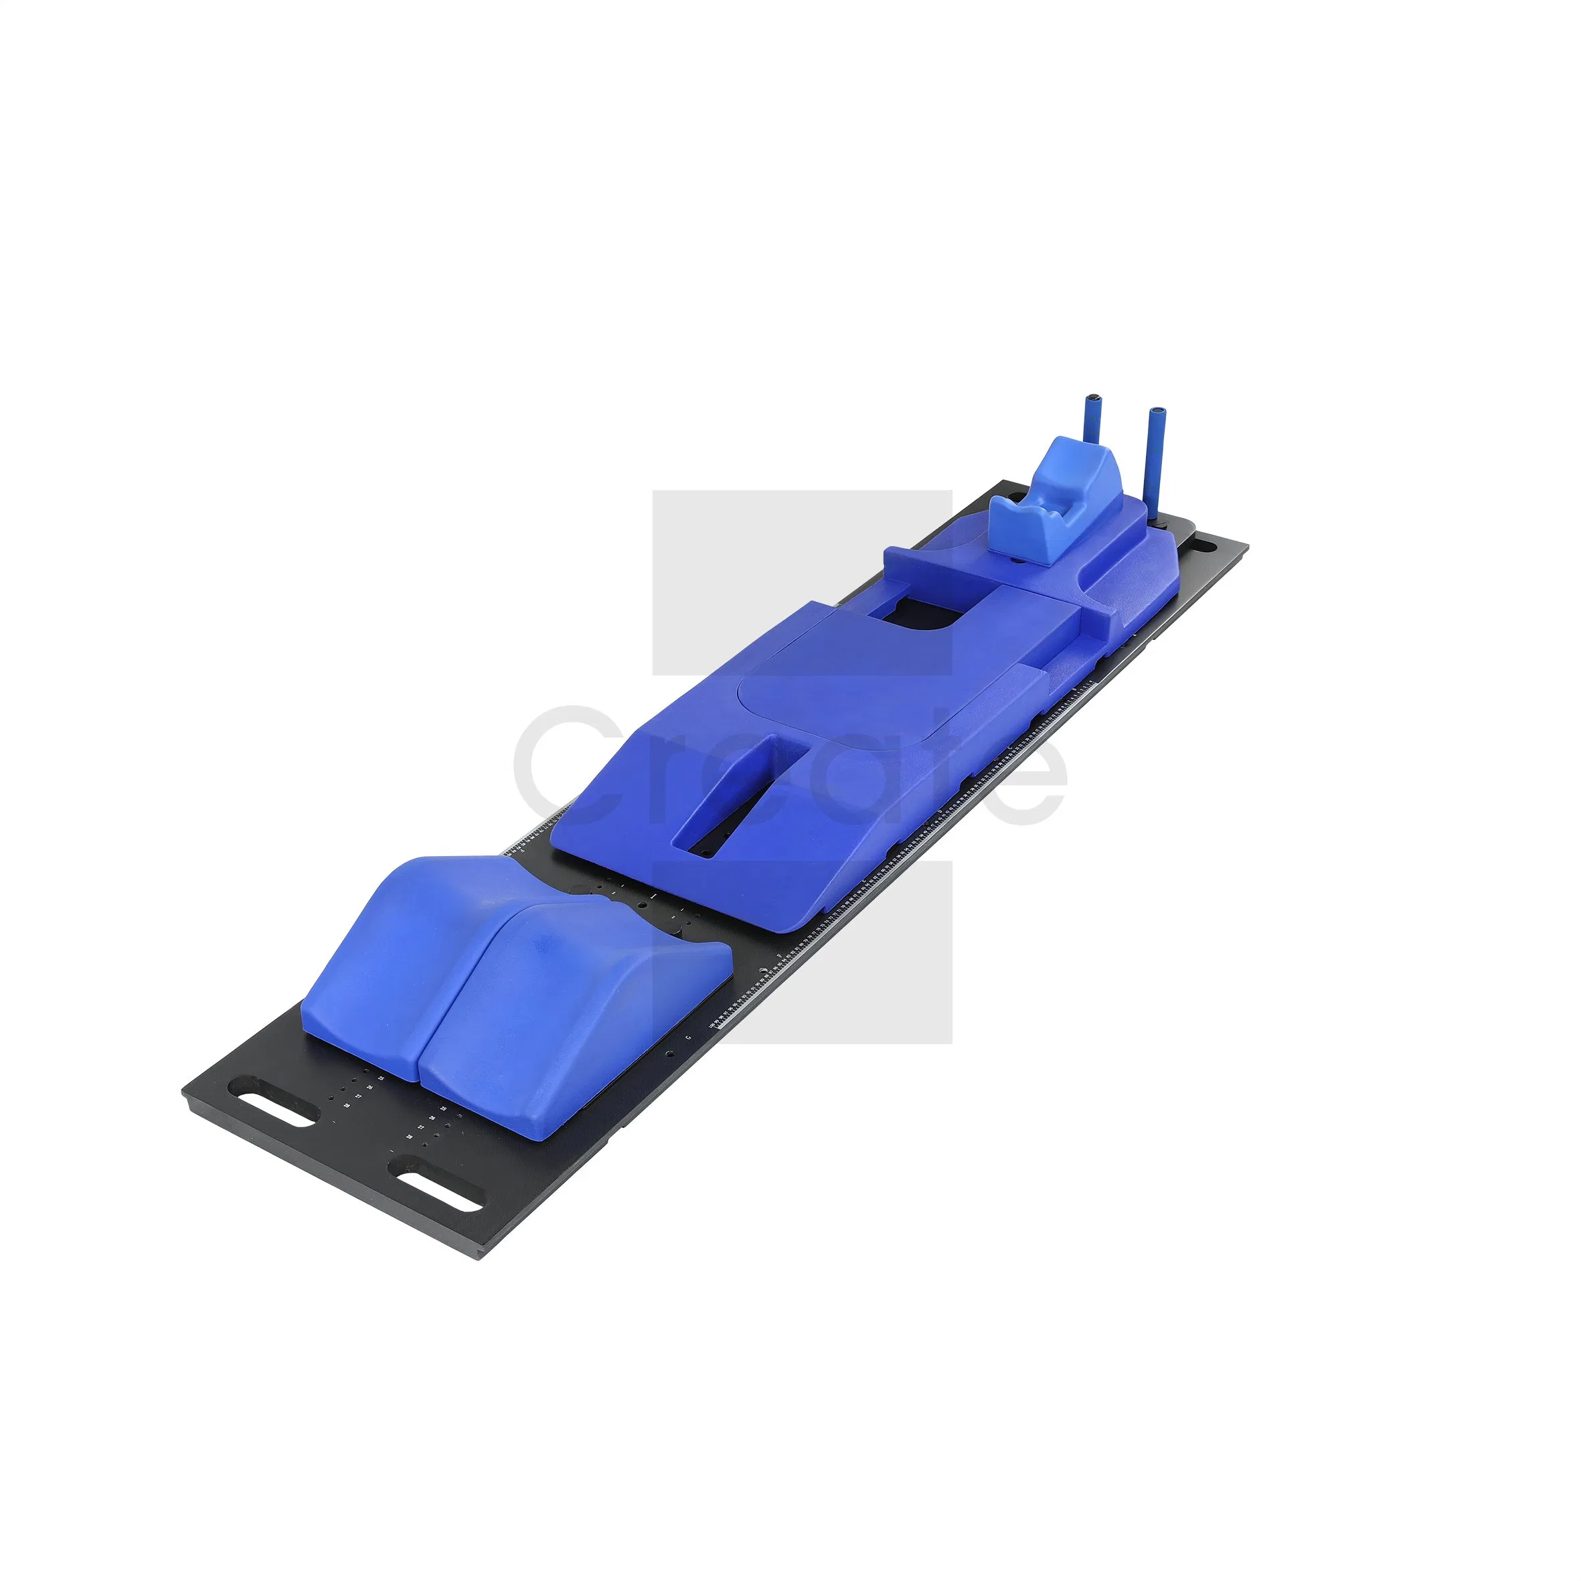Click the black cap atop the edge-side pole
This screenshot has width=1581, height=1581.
(1157, 408)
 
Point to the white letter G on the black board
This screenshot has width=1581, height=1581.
(688, 1037)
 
